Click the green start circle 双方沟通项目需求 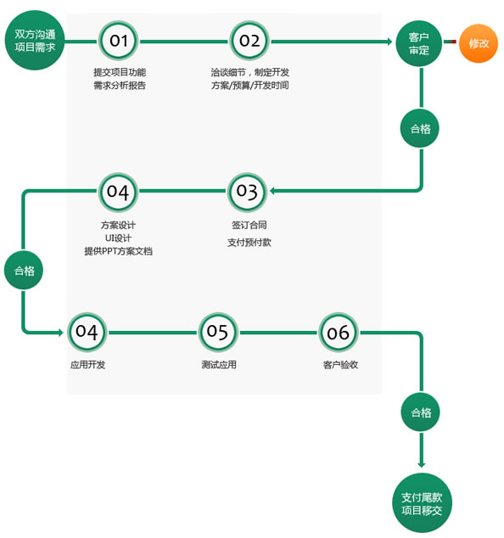[x=35, y=41]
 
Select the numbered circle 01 [x=119, y=41]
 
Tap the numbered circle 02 [x=249, y=41]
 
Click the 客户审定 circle [x=419, y=43]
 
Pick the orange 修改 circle [x=479, y=43]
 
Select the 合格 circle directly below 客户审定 [x=420, y=129]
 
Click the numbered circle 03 [x=247, y=192]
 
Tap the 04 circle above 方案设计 [x=118, y=192]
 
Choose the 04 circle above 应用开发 [x=87, y=332]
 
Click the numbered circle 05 [x=217, y=332]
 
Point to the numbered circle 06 [x=339, y=332]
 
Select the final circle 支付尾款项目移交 [x=422, y=503]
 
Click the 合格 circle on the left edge [x=24, y=270]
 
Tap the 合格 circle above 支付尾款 [x=421, y=412]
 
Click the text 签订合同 [x=249, y=225]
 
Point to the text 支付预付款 [x=249, y=242]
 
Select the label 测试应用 [x=219, y=364]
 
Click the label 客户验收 [x=340, y=364]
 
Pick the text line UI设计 [x=118, y=238]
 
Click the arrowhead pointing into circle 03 [x=272, y=191]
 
